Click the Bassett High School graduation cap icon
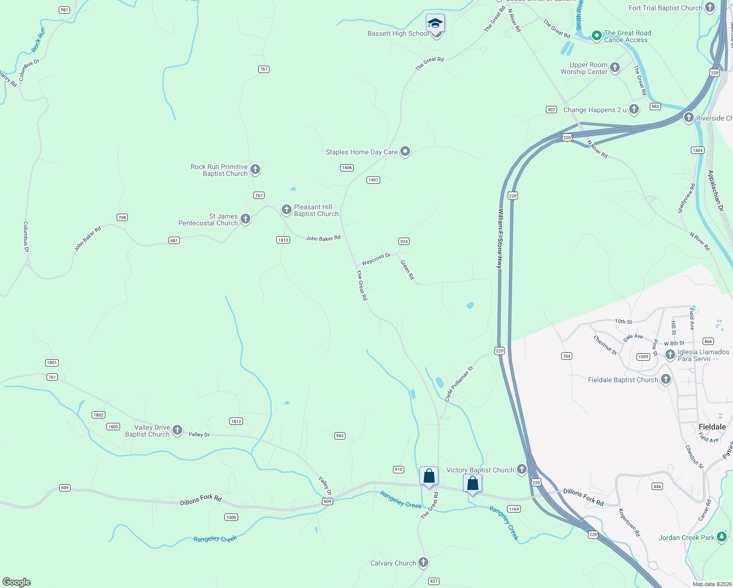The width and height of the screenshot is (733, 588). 435,24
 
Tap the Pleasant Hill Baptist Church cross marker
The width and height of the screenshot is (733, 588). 287,210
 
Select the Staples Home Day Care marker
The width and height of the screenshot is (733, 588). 405,151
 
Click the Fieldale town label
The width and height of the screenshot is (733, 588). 712,427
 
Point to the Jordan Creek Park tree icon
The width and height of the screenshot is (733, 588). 721,537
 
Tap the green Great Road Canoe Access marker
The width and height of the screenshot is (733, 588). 596,36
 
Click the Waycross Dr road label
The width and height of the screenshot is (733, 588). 376,259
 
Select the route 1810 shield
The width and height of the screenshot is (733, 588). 283,240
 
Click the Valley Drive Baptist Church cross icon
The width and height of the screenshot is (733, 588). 177,430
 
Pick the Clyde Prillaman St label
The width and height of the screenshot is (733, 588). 459,384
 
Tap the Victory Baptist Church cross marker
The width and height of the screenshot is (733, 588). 521,469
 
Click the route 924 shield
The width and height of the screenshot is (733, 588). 404,242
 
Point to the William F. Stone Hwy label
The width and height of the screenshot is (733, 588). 500,238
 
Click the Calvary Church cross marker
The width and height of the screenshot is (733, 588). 423,563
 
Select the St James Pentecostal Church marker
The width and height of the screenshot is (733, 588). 245,219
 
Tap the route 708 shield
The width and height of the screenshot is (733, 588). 122,218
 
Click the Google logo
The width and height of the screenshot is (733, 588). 17,582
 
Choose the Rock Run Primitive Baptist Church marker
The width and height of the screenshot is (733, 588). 255,170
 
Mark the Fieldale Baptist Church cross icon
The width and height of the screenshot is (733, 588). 665,379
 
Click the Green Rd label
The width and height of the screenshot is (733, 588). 407,269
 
